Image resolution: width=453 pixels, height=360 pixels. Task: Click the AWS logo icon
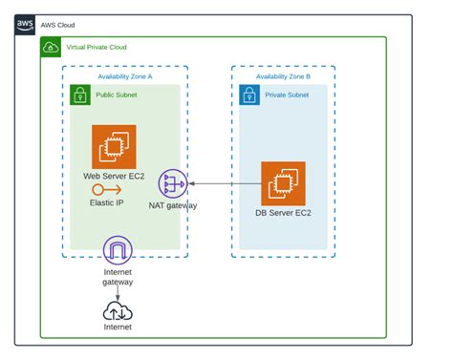coord(25,24)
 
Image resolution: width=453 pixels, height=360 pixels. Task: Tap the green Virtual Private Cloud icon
coord(50,47)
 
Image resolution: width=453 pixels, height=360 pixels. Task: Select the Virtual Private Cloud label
coord(96,47)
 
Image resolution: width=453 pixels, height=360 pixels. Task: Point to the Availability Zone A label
coord(125,75)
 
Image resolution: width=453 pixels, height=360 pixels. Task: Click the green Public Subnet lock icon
coord(80,95)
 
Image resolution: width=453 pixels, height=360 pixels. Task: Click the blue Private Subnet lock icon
coord(248,95)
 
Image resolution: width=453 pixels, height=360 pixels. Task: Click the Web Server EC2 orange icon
coord(114,147)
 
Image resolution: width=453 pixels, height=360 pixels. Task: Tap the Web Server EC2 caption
coord(115,177)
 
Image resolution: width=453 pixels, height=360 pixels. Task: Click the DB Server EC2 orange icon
coord(283,183)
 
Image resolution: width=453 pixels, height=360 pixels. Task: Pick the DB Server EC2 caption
coord(283,213)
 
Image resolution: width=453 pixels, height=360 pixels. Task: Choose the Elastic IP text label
coord(106,202)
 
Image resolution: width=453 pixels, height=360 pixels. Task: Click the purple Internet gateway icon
coord(118,251)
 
